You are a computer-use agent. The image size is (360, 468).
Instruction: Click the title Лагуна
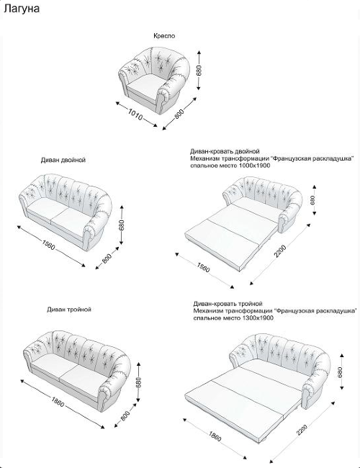point(22,9)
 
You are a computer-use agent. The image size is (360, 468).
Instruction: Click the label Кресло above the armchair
point(164,36)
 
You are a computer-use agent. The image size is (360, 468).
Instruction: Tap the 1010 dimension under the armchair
point(135,114)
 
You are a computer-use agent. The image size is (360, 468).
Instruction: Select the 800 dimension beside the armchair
point(179,114)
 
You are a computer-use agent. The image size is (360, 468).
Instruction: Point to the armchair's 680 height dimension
point(199,70)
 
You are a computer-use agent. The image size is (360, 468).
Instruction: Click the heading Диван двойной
point(63,160)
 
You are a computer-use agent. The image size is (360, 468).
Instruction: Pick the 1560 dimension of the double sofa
point(48,245)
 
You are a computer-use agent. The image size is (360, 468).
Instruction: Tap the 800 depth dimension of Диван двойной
point(107,258)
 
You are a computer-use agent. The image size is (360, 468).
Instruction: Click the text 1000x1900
point(255,166)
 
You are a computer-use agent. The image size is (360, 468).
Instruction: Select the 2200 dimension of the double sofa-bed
point(280,251)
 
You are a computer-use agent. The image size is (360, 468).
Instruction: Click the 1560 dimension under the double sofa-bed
point(203,267)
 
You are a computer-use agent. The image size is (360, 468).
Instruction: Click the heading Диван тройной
point(69,310)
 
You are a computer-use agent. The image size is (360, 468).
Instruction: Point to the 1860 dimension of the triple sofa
point(58,402)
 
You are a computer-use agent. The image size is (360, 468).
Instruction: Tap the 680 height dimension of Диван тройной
point(138,383)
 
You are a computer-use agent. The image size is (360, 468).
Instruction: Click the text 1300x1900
point(258,318)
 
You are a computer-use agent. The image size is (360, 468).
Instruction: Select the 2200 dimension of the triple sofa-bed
point(302,430)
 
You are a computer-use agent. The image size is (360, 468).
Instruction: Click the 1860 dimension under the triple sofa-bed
point(215,436)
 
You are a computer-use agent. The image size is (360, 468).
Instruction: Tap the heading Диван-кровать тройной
point(228,304)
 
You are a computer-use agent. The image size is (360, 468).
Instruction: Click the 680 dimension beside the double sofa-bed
point(312,200)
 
